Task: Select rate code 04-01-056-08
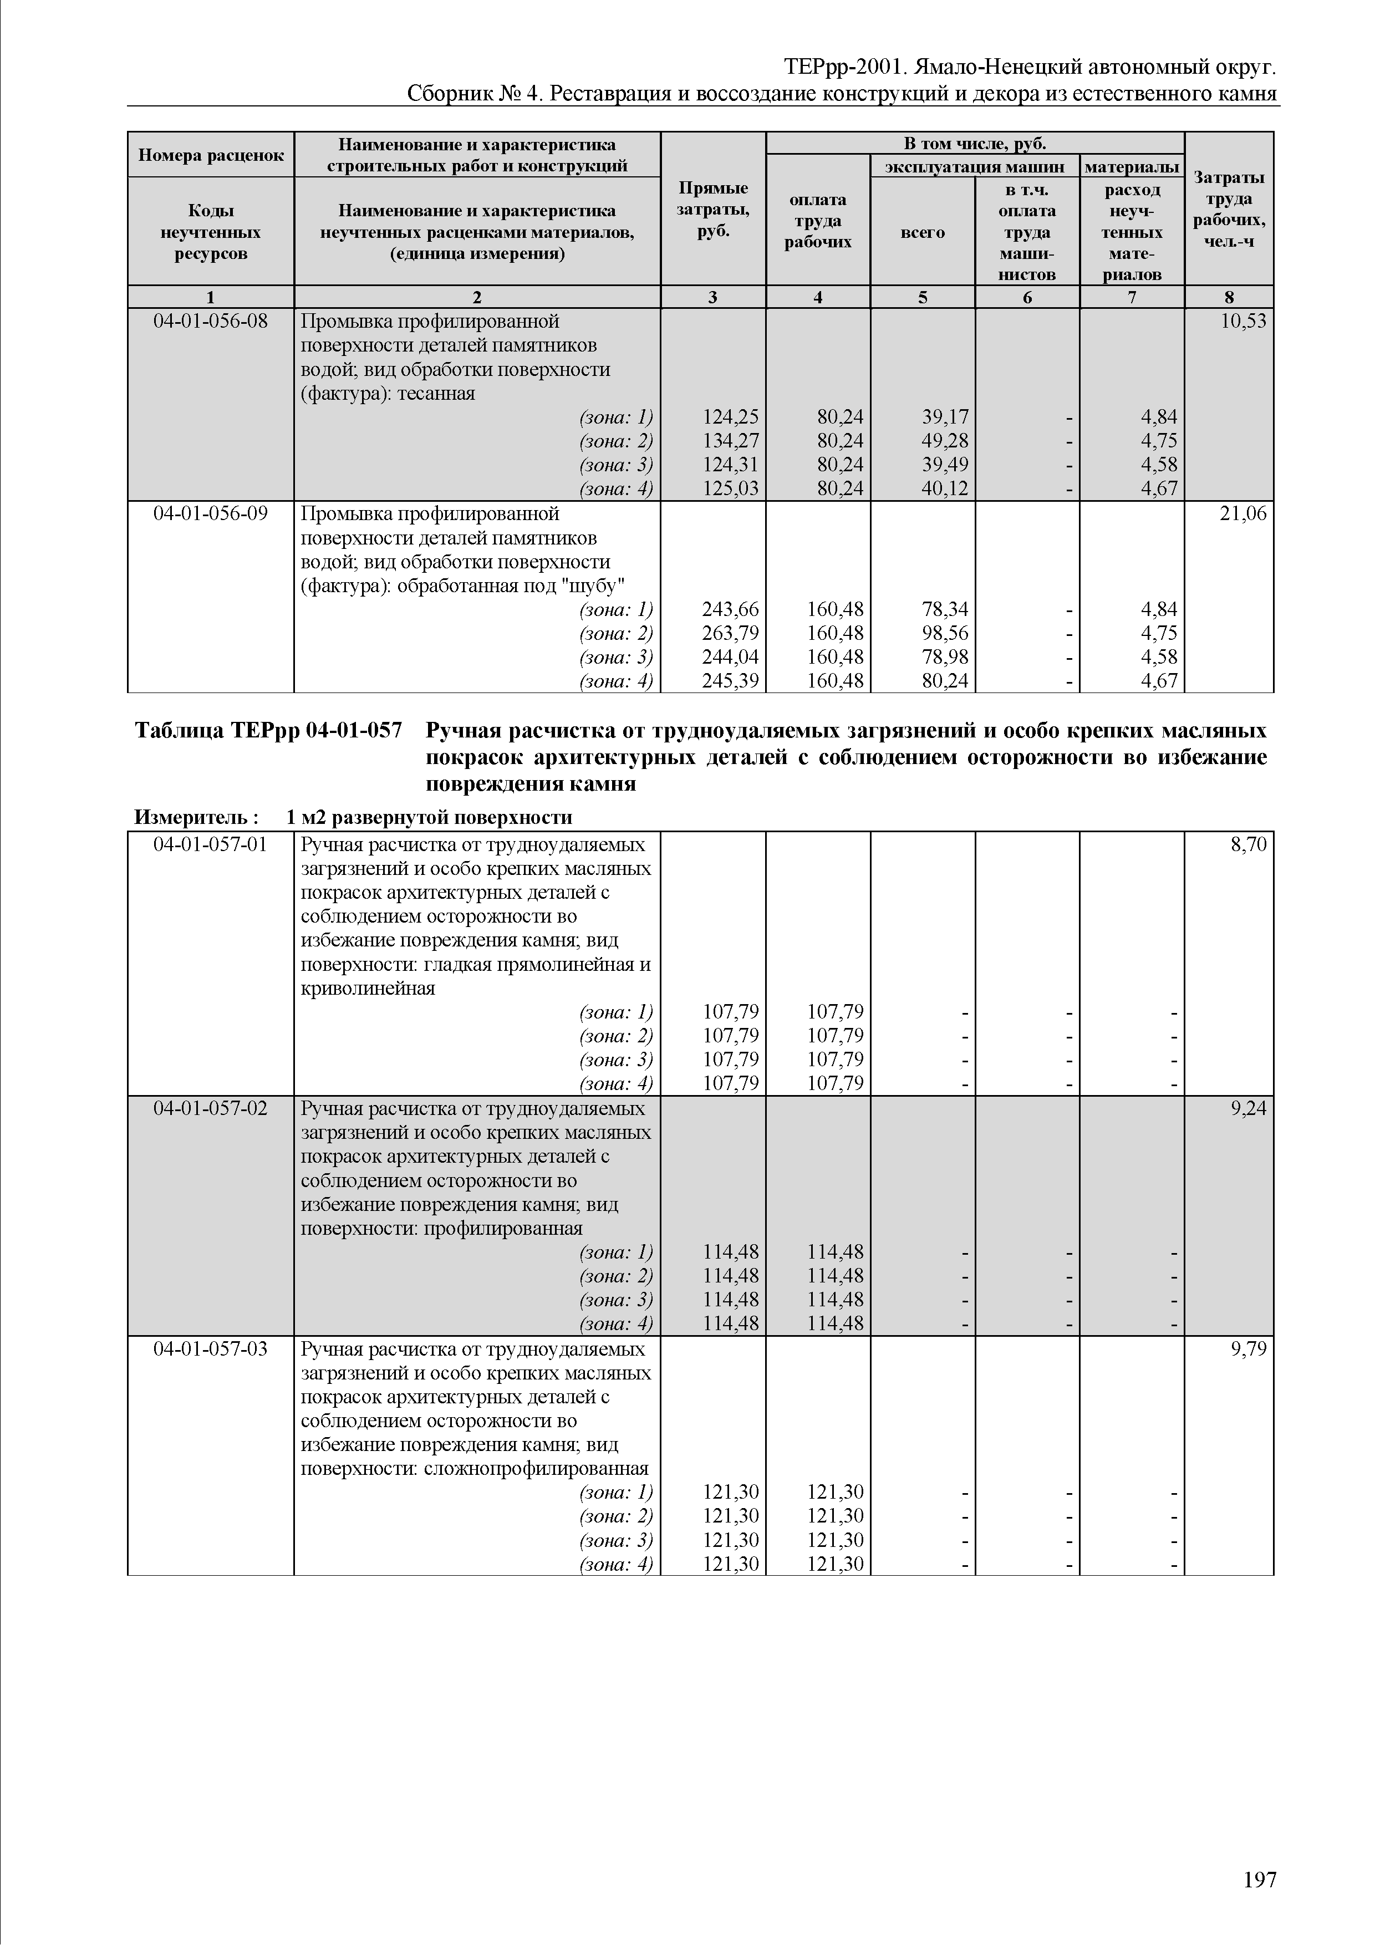click(210, 322)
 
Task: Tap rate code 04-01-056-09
click(210, 514)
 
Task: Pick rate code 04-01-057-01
click(210, 844)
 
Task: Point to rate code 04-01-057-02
click(210, 1108)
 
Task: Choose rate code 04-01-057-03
click(210, 1348)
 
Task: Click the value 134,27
click(731, 440)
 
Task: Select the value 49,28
click(945, 440)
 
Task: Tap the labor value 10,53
click(1243, 322)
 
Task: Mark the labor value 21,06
click(1243, 514)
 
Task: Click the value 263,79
click(731, 633)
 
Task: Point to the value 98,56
click(945, 633)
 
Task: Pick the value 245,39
click(731, 680)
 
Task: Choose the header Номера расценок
click(210, 155)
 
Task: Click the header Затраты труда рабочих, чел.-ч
click(1229, 209)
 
